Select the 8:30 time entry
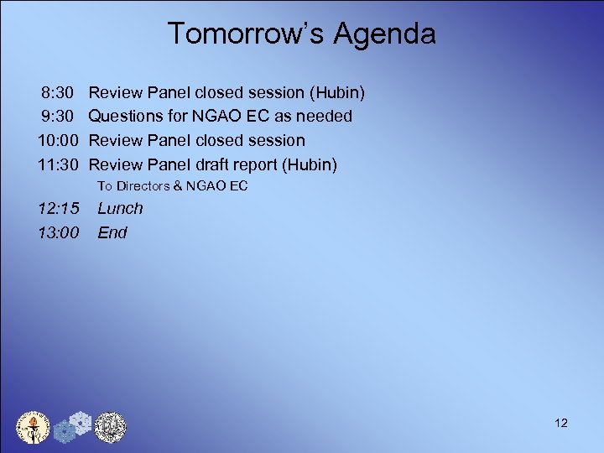[59, 91]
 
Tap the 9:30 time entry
[59, 116]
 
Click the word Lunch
[120, 208]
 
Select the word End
[112, 232]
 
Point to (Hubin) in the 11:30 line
[310, 164]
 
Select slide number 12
[561, 424]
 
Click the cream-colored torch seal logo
[33, 427]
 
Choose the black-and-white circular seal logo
[110, 427]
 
